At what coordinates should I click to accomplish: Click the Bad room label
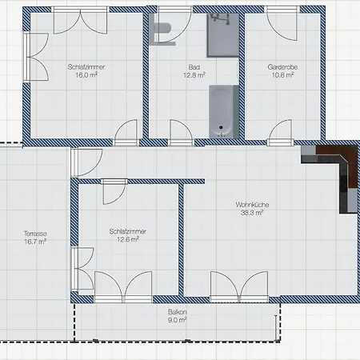[194, 68]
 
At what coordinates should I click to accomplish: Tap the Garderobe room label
[281, 68]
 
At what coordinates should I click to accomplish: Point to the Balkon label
[177, 311]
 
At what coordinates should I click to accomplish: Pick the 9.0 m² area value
[177, 319]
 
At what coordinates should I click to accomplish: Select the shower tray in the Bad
[223, 34]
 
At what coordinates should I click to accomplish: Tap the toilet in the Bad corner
[164, 30]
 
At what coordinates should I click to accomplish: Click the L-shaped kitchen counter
[336, 172]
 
